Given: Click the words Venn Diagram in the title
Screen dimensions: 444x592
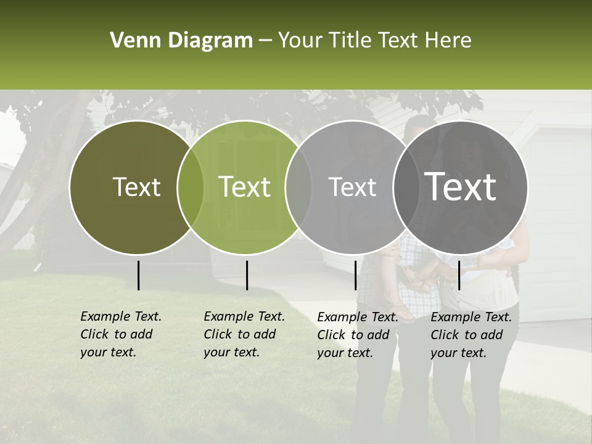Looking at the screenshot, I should [x=181, y=41].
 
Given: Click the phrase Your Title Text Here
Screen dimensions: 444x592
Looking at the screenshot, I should [x=374, y=41].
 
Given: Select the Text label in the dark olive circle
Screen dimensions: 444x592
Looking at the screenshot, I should [x=136, y=187].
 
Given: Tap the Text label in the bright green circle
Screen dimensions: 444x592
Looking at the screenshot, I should [x=245, y=187].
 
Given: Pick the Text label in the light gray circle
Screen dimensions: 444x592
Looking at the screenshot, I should [x=352, y=187].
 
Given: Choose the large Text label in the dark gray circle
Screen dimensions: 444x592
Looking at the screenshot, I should [x=460, y=187].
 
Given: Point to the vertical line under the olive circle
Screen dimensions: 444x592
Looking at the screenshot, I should [x=138, y=275].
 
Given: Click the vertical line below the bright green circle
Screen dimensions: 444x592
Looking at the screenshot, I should [x=247, y=275].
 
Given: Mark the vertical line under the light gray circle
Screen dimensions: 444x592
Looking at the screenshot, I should [x=356, y=275].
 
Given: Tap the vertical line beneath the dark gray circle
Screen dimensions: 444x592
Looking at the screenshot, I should [x=459, y=275].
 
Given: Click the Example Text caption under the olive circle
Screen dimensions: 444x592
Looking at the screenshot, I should [x=120, y=334].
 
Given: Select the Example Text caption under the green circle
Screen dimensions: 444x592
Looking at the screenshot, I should [x=244, y=334].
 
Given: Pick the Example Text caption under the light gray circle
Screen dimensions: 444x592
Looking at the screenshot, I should [x=357, y=335].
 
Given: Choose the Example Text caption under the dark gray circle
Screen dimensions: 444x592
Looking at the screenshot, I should [x=471, y=335].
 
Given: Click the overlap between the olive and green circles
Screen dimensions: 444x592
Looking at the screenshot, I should [x=191, y=187].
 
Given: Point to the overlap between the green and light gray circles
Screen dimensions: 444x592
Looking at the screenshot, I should [x=298, y=187].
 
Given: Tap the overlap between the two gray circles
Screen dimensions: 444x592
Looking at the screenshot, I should [x=406, y=187].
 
